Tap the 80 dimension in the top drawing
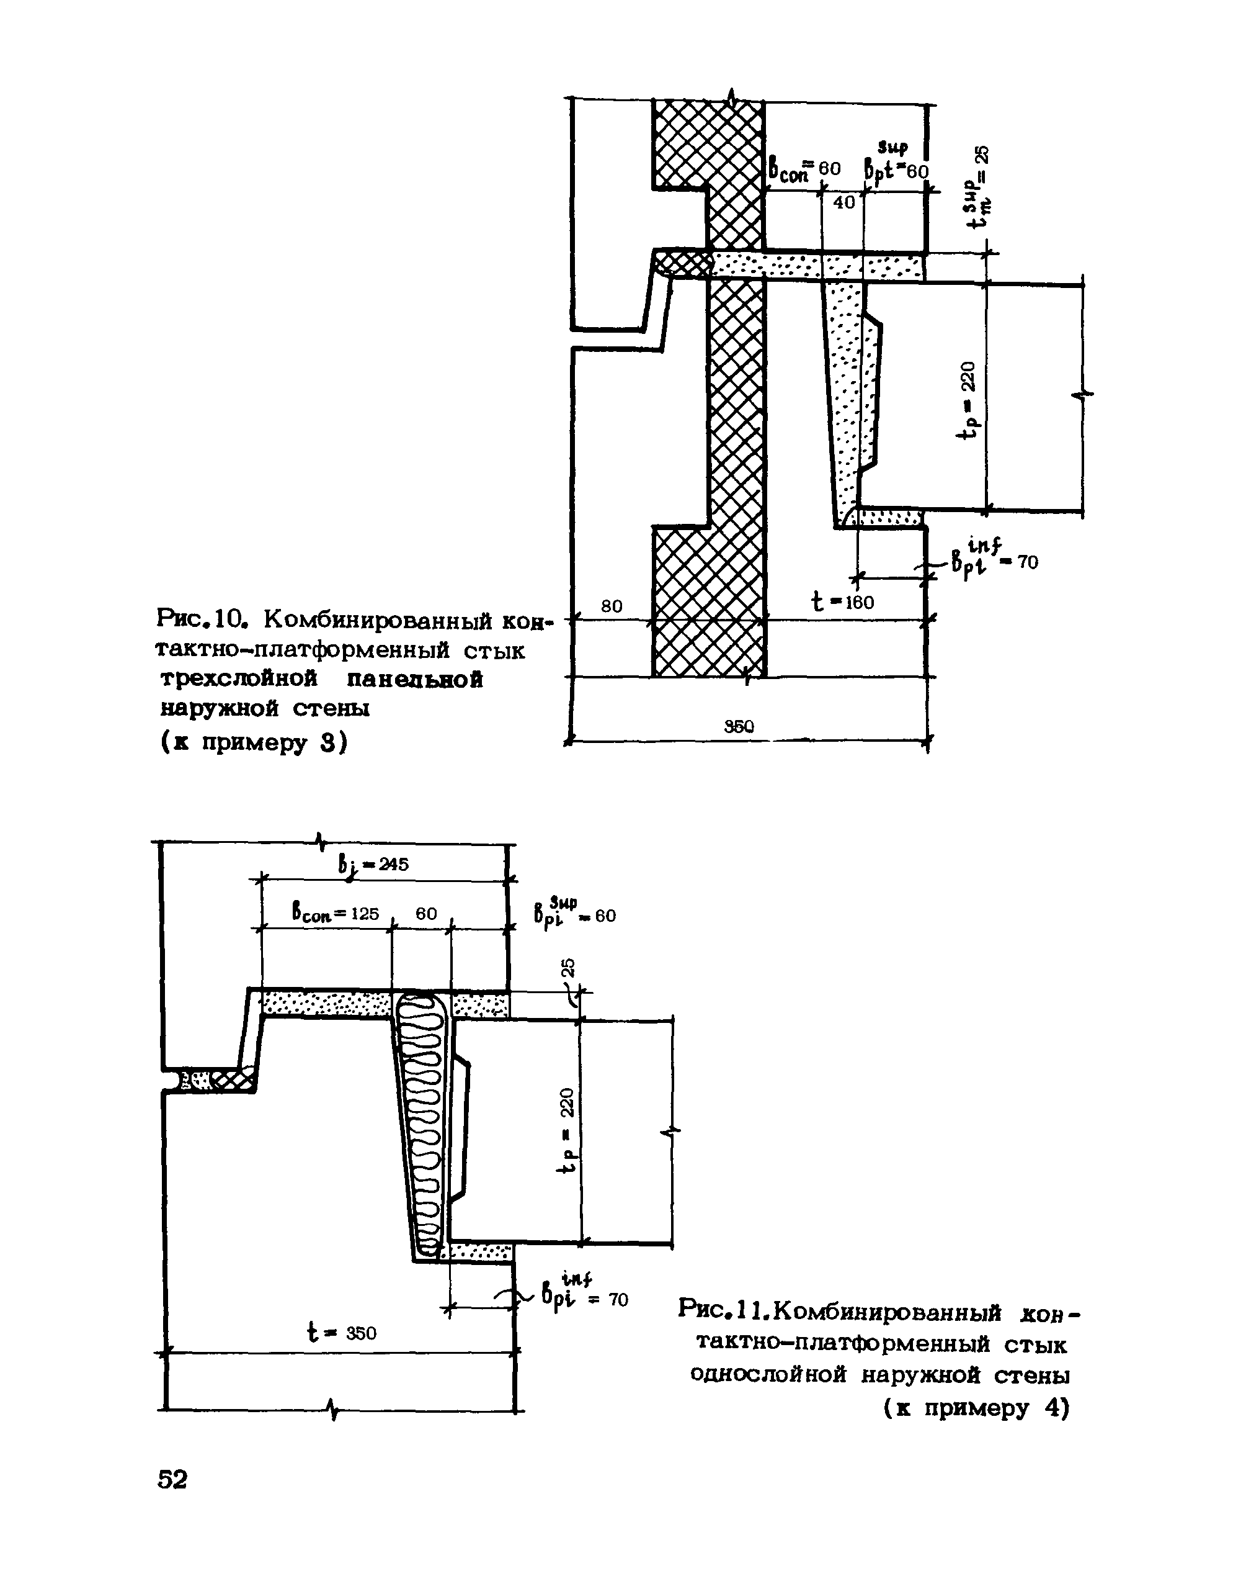click(612, 606)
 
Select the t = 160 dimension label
click(843, 601)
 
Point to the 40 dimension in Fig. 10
click(844, 203)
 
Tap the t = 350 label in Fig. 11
click(340, 1334)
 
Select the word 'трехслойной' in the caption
click(239, 679)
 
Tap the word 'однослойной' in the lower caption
click(770, 1376)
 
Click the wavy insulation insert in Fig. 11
click(425, 1124)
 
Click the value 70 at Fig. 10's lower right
click(1026, 562)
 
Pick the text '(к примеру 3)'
click(253, 742)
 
